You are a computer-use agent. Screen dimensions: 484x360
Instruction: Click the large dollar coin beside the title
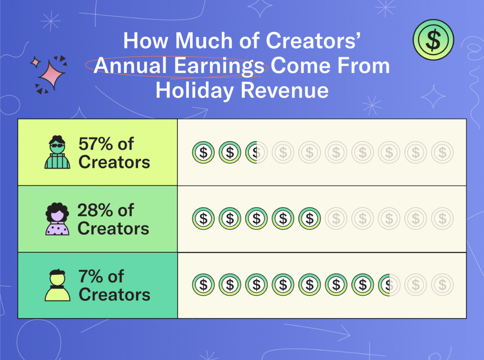pyautogui.click(x=433, y=40)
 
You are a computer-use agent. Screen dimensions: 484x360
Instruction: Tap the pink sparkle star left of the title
pyautogui.click(x=52, y=75)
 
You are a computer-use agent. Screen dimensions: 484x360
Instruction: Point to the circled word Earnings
pyautogui.click(x=219, y=66)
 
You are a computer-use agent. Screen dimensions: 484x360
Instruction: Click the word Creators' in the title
pyautogui.click(x=313, y=41)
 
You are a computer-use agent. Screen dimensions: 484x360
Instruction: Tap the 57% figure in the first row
pyautogui.click(x=95, y=144)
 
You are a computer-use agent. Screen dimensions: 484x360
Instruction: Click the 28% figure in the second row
pyautogui.click(x=95, y=210)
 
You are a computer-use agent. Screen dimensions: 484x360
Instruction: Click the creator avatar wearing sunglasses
pyautogui.click(x=57, y=152)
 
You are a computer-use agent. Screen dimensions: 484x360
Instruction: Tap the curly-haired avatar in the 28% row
pyautogui.click(x=57, y=219)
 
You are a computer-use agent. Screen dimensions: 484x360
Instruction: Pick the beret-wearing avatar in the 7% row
pyautogui.click(x=57, y=285)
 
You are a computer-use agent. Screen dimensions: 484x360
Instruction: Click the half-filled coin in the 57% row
pyautogui.click(x=256, y=153)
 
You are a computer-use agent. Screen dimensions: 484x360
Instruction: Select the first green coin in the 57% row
pyautogui.click(x=203, y=153)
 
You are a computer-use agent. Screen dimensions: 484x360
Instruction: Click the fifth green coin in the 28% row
pyautogui.click(x=310, y=219)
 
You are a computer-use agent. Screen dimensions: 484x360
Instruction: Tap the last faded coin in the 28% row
pyautogui.click(x=442, y=219)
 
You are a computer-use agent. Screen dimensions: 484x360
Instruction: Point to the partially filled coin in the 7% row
pyautogui.click(x=389, y=285)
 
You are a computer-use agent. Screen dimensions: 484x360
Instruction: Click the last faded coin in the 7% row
pyautogui.click(x=442, y=285)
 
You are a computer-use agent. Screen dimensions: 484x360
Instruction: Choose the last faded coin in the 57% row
pyautogui.click(x=442, y=153)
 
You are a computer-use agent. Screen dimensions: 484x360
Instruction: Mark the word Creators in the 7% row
pyautogui.click(x=114, y=295)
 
